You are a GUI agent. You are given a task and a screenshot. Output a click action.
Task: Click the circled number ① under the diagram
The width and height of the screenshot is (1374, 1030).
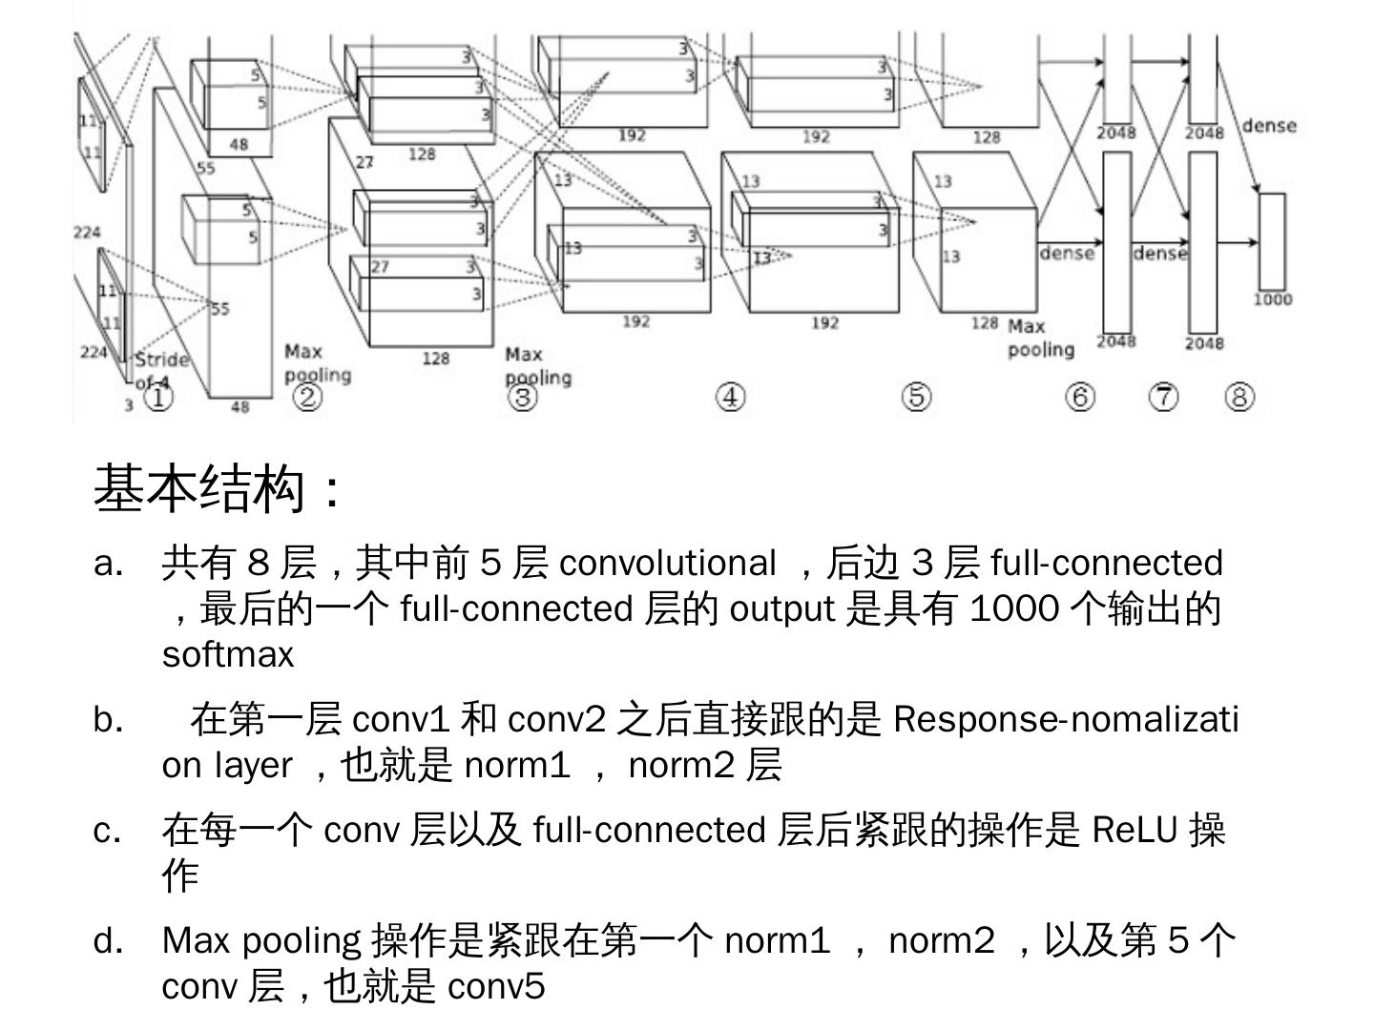pos(158,396)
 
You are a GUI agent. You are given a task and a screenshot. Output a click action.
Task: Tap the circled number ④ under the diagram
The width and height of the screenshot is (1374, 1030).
pos(730,397)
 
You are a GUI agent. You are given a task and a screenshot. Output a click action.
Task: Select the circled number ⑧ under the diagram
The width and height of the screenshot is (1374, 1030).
pos(1239,396)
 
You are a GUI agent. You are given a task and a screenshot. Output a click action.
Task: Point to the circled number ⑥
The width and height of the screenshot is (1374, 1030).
pos(1079,396)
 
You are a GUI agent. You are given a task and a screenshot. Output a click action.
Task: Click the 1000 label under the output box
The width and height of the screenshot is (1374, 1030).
pos(1273,299)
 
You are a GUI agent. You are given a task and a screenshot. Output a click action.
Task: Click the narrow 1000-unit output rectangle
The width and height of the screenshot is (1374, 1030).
pos(1272,241)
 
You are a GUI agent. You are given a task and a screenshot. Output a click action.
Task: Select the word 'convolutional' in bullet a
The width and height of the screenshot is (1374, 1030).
pos(667,563)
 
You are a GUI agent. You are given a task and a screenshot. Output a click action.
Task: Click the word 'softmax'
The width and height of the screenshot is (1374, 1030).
pos(228,654)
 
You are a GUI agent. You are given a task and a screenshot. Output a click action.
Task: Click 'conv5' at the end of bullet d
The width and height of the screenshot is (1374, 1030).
pos(496,985)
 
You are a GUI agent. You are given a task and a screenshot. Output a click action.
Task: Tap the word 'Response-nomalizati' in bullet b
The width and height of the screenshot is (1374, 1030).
pos(1066,718)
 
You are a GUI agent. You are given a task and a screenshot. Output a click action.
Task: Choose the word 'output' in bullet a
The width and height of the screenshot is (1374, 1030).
pos(781,608)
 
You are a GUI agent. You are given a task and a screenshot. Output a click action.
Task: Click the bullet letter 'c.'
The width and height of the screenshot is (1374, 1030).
pos(108,831)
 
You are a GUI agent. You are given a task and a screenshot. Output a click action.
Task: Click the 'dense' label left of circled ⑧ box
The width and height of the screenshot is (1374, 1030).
pos(1269,126)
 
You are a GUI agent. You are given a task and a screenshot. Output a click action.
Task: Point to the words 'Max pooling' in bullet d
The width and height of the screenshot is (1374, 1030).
pos(261,940)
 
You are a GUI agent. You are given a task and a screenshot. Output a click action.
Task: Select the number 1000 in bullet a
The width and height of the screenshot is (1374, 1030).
pos(1013,608)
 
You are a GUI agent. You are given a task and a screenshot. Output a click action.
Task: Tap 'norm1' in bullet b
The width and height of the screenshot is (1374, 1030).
pos(516,764)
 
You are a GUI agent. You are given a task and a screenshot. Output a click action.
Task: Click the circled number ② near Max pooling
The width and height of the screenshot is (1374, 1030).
pos(306,396)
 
